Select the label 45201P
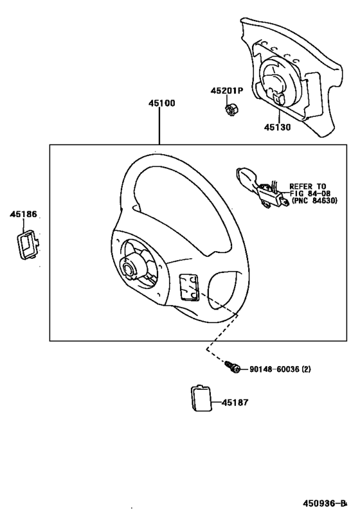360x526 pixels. tap(226, 91)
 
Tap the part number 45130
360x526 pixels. tap(276, 127)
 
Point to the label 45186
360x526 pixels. tap(22, 215)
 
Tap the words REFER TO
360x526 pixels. tap(307, 186)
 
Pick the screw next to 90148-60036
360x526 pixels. tap(233, 367)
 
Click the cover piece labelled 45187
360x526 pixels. tap(201, 398)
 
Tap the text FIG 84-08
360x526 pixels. tap(309, 194)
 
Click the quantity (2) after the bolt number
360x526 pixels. tap(306, 369)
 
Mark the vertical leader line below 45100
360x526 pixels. tap(160, 125)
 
